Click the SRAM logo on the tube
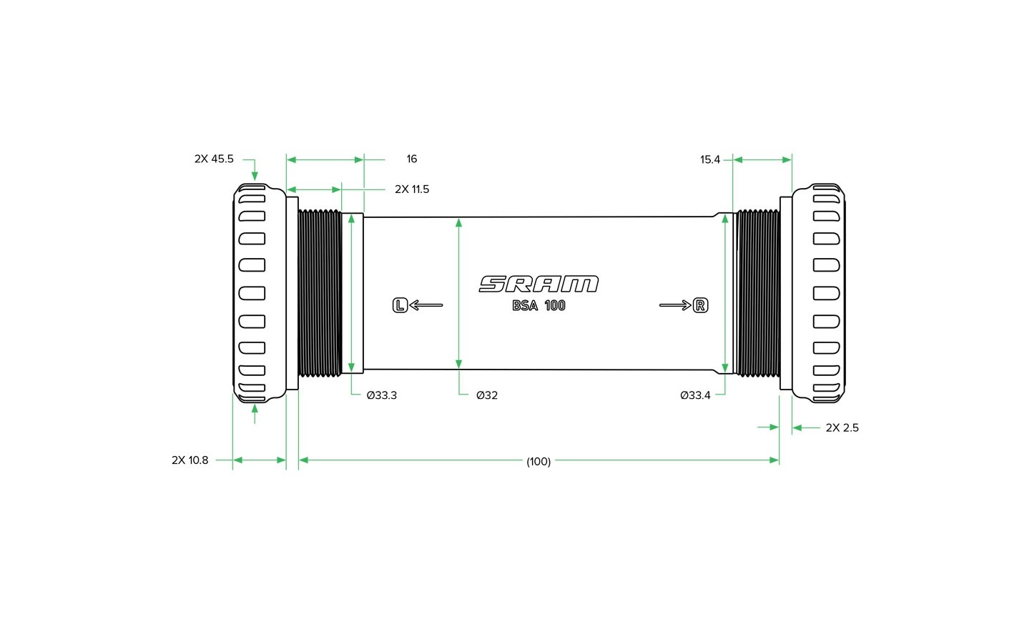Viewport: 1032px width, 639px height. pyautogui.click(x=539, y=284)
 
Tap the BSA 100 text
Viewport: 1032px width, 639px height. pyautogui.click(x=539, y=306)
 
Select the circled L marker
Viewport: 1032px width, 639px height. pyautogui.click(x=400, y=305)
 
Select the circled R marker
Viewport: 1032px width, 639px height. pyautogui.click(x=700, y=305)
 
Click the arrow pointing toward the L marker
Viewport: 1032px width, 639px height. pyautogui.click(x=426, y=305)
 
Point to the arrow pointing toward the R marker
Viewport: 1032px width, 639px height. pyautogui.click(x=675, y=305)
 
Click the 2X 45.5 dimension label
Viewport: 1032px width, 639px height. pyautogui.click(x=214, y=159)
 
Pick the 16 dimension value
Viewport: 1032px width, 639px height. pyautogui.click(x=411, y=159)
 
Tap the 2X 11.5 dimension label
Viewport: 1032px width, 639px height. pyautogui.click(x=412, y=189)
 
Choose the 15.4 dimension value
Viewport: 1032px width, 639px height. pyautogui.click(x=710, y=160)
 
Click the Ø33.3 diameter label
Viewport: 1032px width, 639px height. pyautogui.click(x=381, y=395)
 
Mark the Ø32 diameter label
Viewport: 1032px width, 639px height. pyautogui.click(x=487, y=395)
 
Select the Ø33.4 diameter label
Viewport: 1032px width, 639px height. pyautogui.click(x=695, y=395)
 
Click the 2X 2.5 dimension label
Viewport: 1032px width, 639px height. pyautogui.click(x=842, y=427)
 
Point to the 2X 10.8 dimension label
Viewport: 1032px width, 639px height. pyautogui.click(x=190, y=460)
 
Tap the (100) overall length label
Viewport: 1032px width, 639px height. pyautogui.click(x=539, y=461)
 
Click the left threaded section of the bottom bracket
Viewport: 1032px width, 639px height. pyautogui.click(x=320, y=293)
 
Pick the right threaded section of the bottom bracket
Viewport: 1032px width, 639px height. pyautogui.click(x=758, y=293)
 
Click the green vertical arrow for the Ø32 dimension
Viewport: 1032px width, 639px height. pyautogui.click(x=458, y=293)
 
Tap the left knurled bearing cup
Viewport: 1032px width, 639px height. pyautogui.click(x=260, y=293)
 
